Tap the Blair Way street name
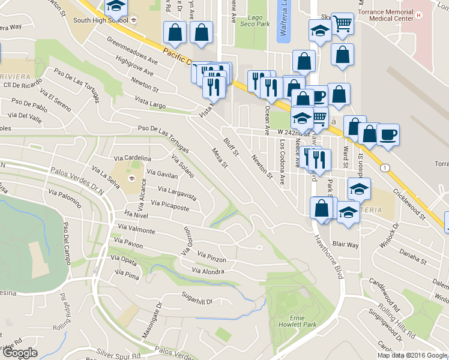click(x=345, y=245)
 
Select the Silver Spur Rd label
click(x=120, y=355)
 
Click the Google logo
click(x=19, y=353)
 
